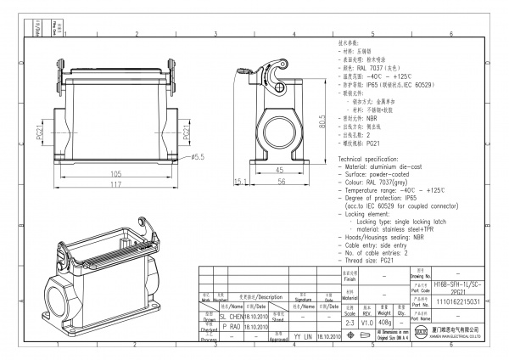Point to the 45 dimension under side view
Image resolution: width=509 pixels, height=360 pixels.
click(x=278, y=169)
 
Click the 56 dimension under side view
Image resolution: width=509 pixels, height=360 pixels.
click(x=278, y=180)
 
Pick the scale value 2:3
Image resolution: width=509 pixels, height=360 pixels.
click(x=349, y=323)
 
